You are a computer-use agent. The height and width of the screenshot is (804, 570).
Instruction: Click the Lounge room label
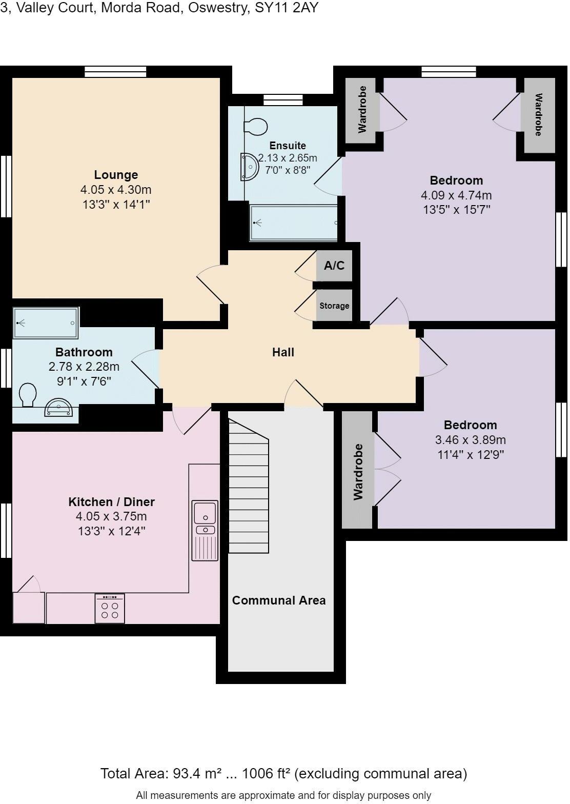(116, 175)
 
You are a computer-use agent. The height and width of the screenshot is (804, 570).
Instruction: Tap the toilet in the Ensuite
(256, 126)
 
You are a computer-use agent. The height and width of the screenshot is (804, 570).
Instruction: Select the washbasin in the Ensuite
(249, 167)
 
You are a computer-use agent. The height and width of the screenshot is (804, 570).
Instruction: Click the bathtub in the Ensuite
(294, 223)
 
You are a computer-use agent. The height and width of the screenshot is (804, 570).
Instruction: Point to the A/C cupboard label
(334, 266)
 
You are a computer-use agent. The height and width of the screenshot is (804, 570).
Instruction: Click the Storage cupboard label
(334, 306)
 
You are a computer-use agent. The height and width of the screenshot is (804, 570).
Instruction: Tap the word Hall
(283, 352)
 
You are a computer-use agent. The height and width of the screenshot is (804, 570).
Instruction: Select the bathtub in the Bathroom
(46, 323)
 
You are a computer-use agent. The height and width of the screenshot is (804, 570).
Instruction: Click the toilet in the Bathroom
(28, 395)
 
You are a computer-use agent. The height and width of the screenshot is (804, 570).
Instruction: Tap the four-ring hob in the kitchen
(110, 609)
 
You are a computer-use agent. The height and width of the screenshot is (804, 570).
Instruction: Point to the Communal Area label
(278, 600)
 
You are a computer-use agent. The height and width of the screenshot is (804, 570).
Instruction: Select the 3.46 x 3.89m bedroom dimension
(470, 440)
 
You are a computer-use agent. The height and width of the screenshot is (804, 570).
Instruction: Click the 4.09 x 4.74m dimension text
(456, 195)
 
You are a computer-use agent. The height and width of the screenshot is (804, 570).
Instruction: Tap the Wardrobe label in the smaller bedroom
(358, 472)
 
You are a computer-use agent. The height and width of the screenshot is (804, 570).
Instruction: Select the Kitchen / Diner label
(111, 502)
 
